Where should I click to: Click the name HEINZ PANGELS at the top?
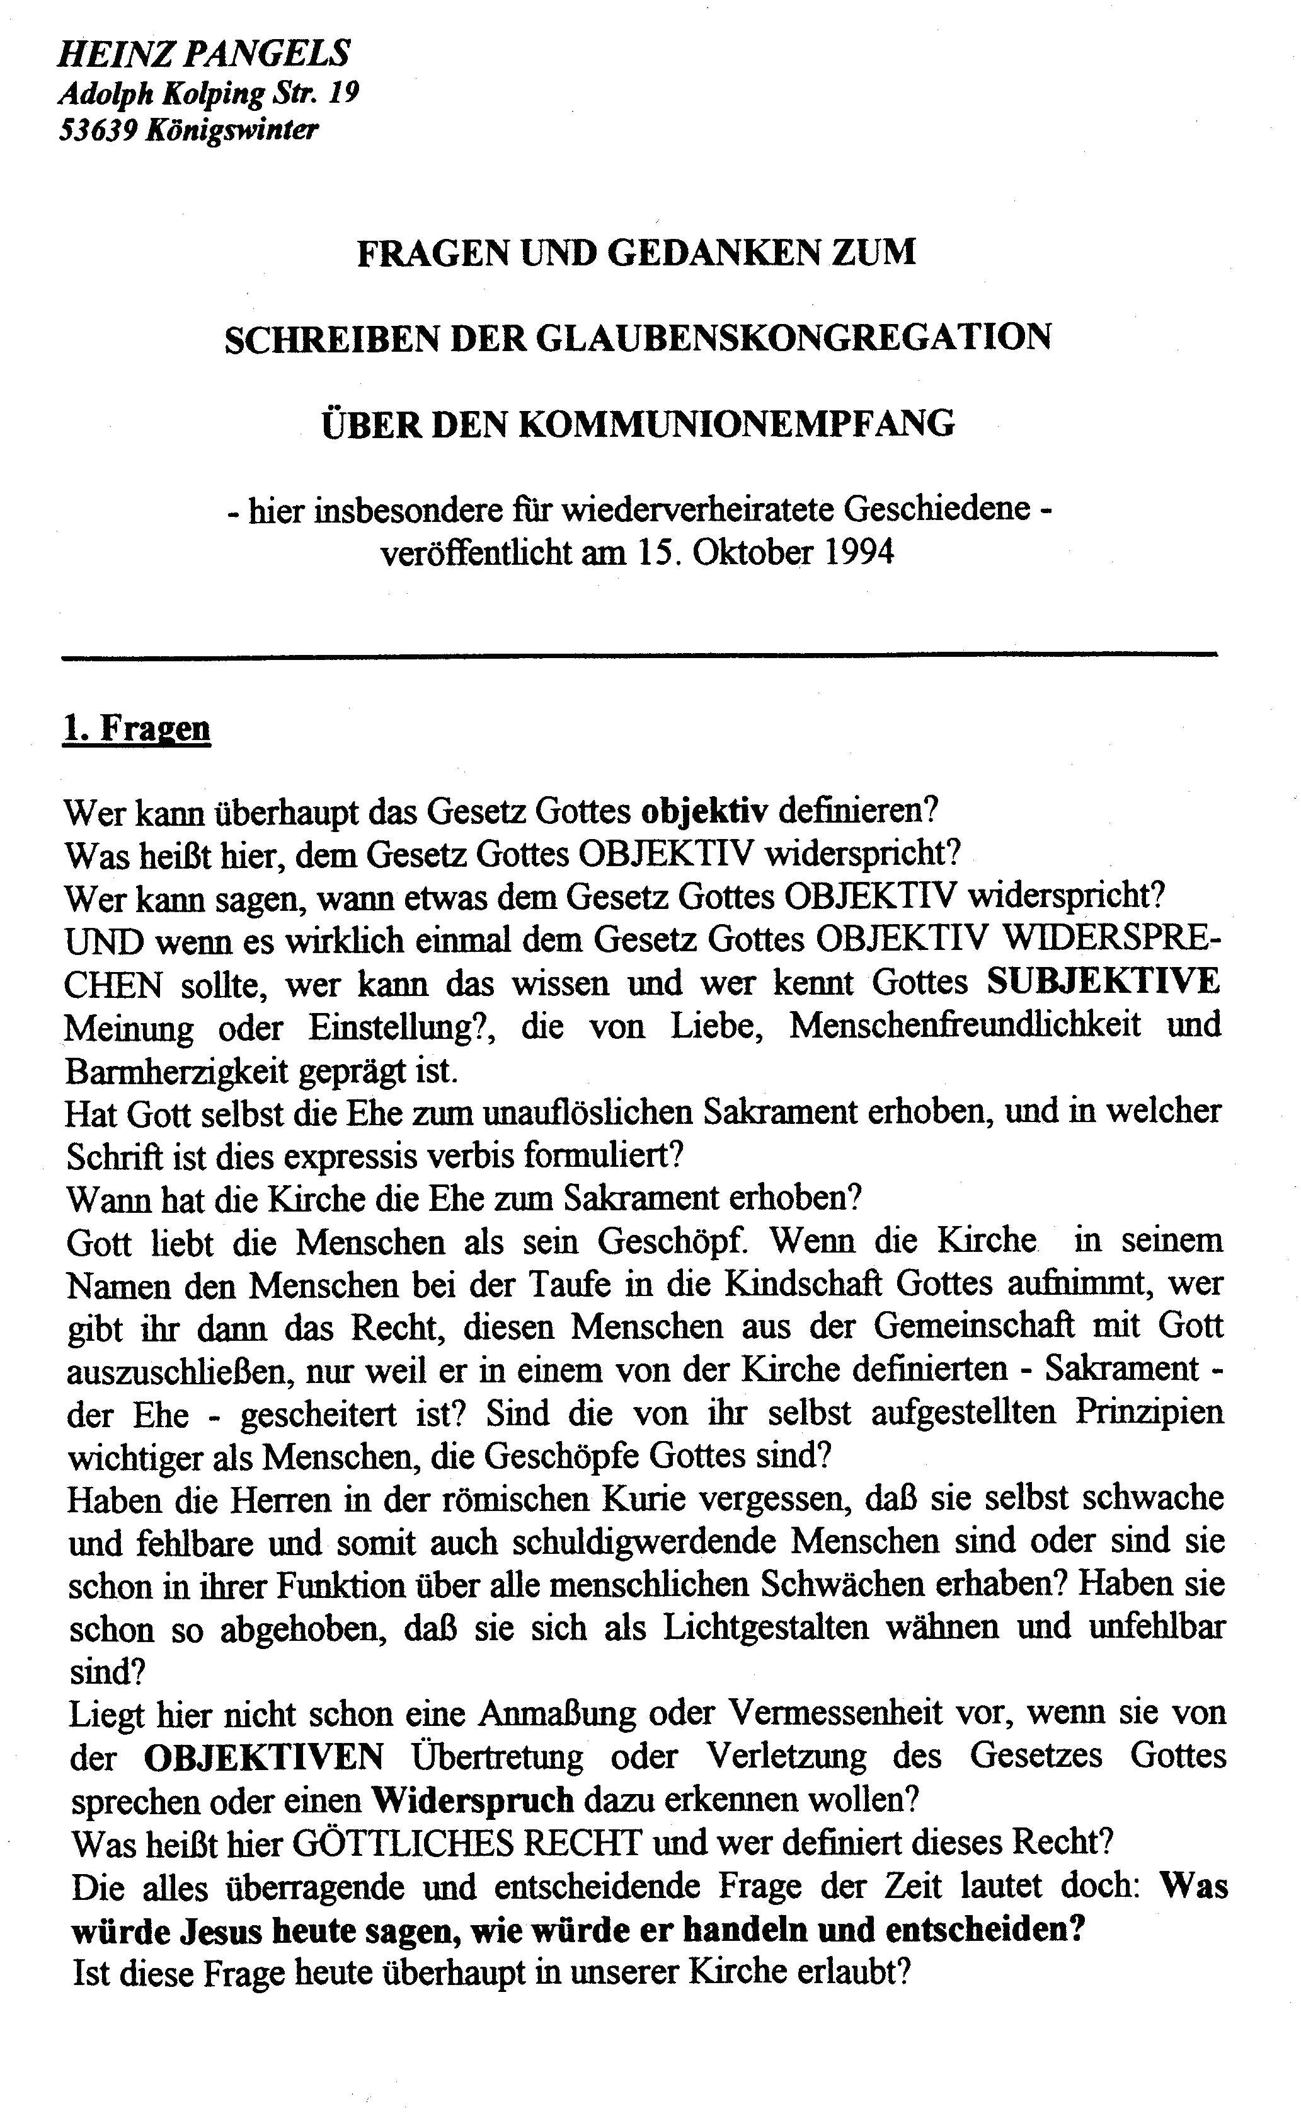click(203, 54)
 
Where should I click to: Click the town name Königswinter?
click(232, 129)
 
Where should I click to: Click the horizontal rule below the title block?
click(639, 656)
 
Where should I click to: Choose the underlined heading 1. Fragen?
click(137, 728)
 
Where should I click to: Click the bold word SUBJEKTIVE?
click(1103, 981)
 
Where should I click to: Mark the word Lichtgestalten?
click(760, 1628)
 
